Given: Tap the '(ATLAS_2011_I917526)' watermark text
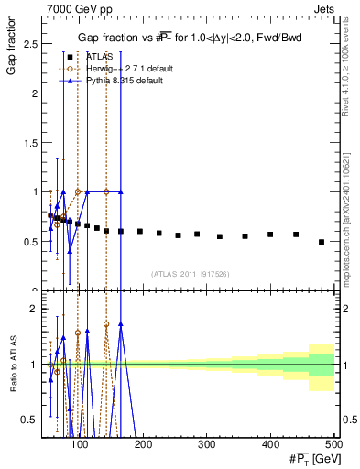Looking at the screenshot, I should point(190,274).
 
